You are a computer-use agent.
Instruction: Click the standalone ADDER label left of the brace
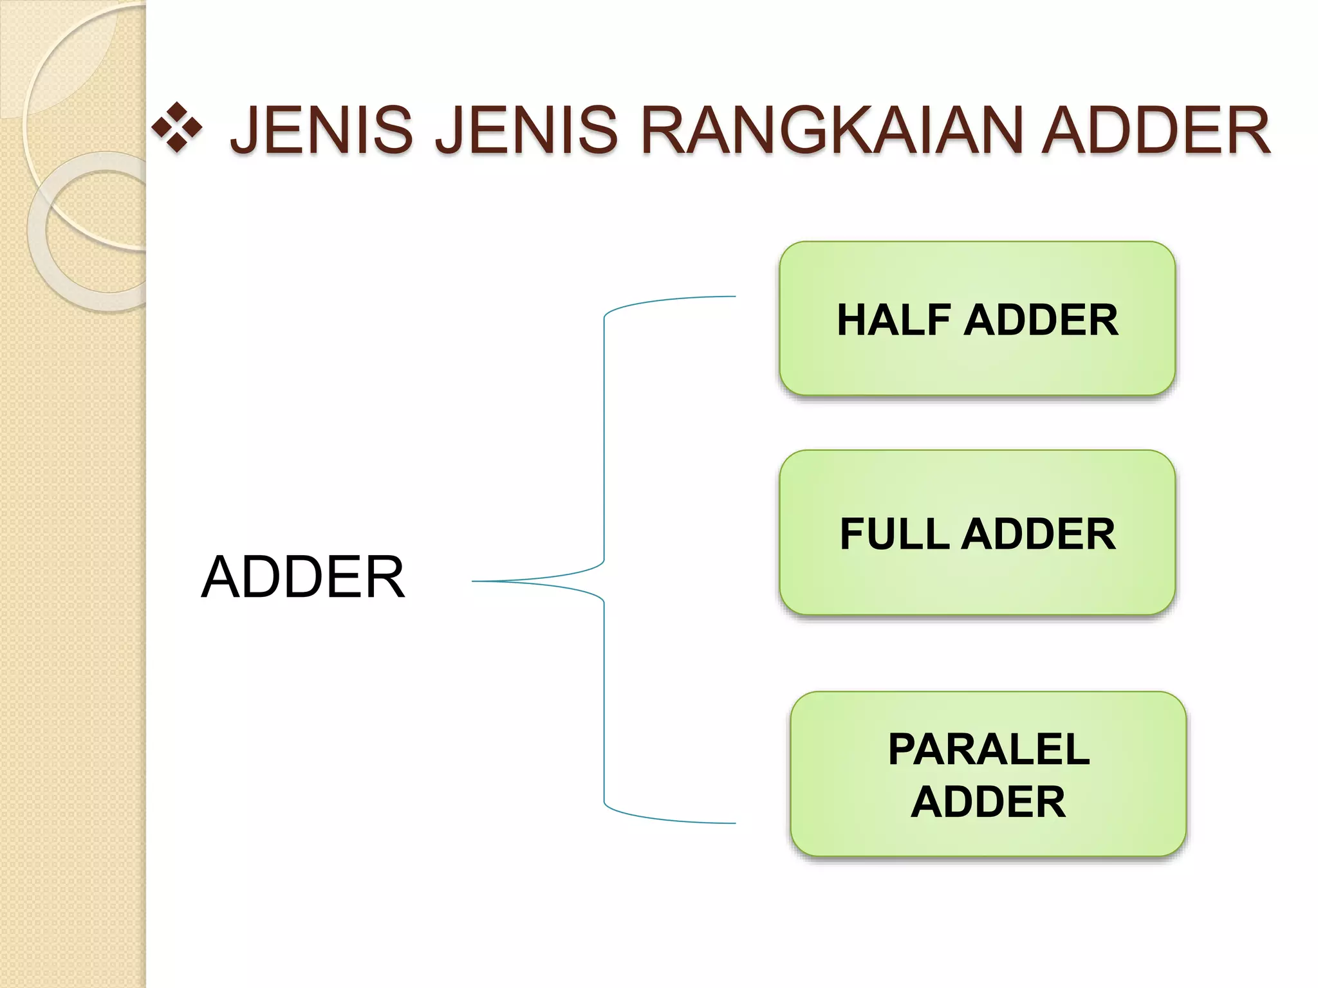click(302, 577)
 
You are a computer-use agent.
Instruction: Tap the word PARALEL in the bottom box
click(988, 749)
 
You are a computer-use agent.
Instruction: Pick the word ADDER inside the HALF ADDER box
click(1041, 320)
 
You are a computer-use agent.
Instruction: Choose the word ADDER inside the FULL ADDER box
click(1038, 534)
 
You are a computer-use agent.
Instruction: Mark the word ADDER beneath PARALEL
click(988, 802)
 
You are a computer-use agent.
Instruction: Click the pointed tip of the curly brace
click(475, 581)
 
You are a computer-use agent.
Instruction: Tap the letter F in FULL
click(853, 534)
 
